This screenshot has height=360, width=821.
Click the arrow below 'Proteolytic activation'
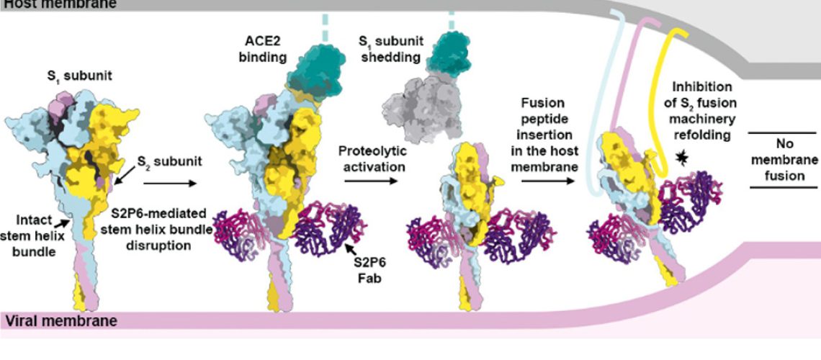370,180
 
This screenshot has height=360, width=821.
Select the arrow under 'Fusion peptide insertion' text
547,180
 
